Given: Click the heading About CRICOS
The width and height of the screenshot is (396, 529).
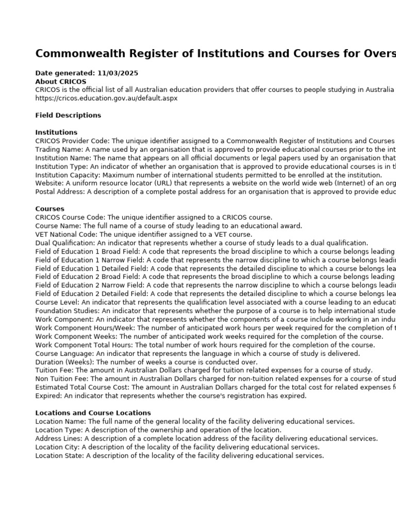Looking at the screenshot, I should click(x=61, y=82).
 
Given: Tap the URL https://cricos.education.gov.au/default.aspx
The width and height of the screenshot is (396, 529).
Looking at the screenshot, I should click(x=106, y=98).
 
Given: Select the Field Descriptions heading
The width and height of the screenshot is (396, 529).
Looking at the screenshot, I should click(x=68, y=115).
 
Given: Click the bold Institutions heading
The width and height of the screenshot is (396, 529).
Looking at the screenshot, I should click(x=56, y=132).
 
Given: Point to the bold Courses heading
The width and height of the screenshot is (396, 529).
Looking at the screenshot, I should click(x=49, y=209).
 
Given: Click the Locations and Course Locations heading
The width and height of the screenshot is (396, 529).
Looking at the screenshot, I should click(x=93, y=413).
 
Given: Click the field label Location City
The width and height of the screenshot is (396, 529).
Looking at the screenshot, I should click(x=57, y=447).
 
